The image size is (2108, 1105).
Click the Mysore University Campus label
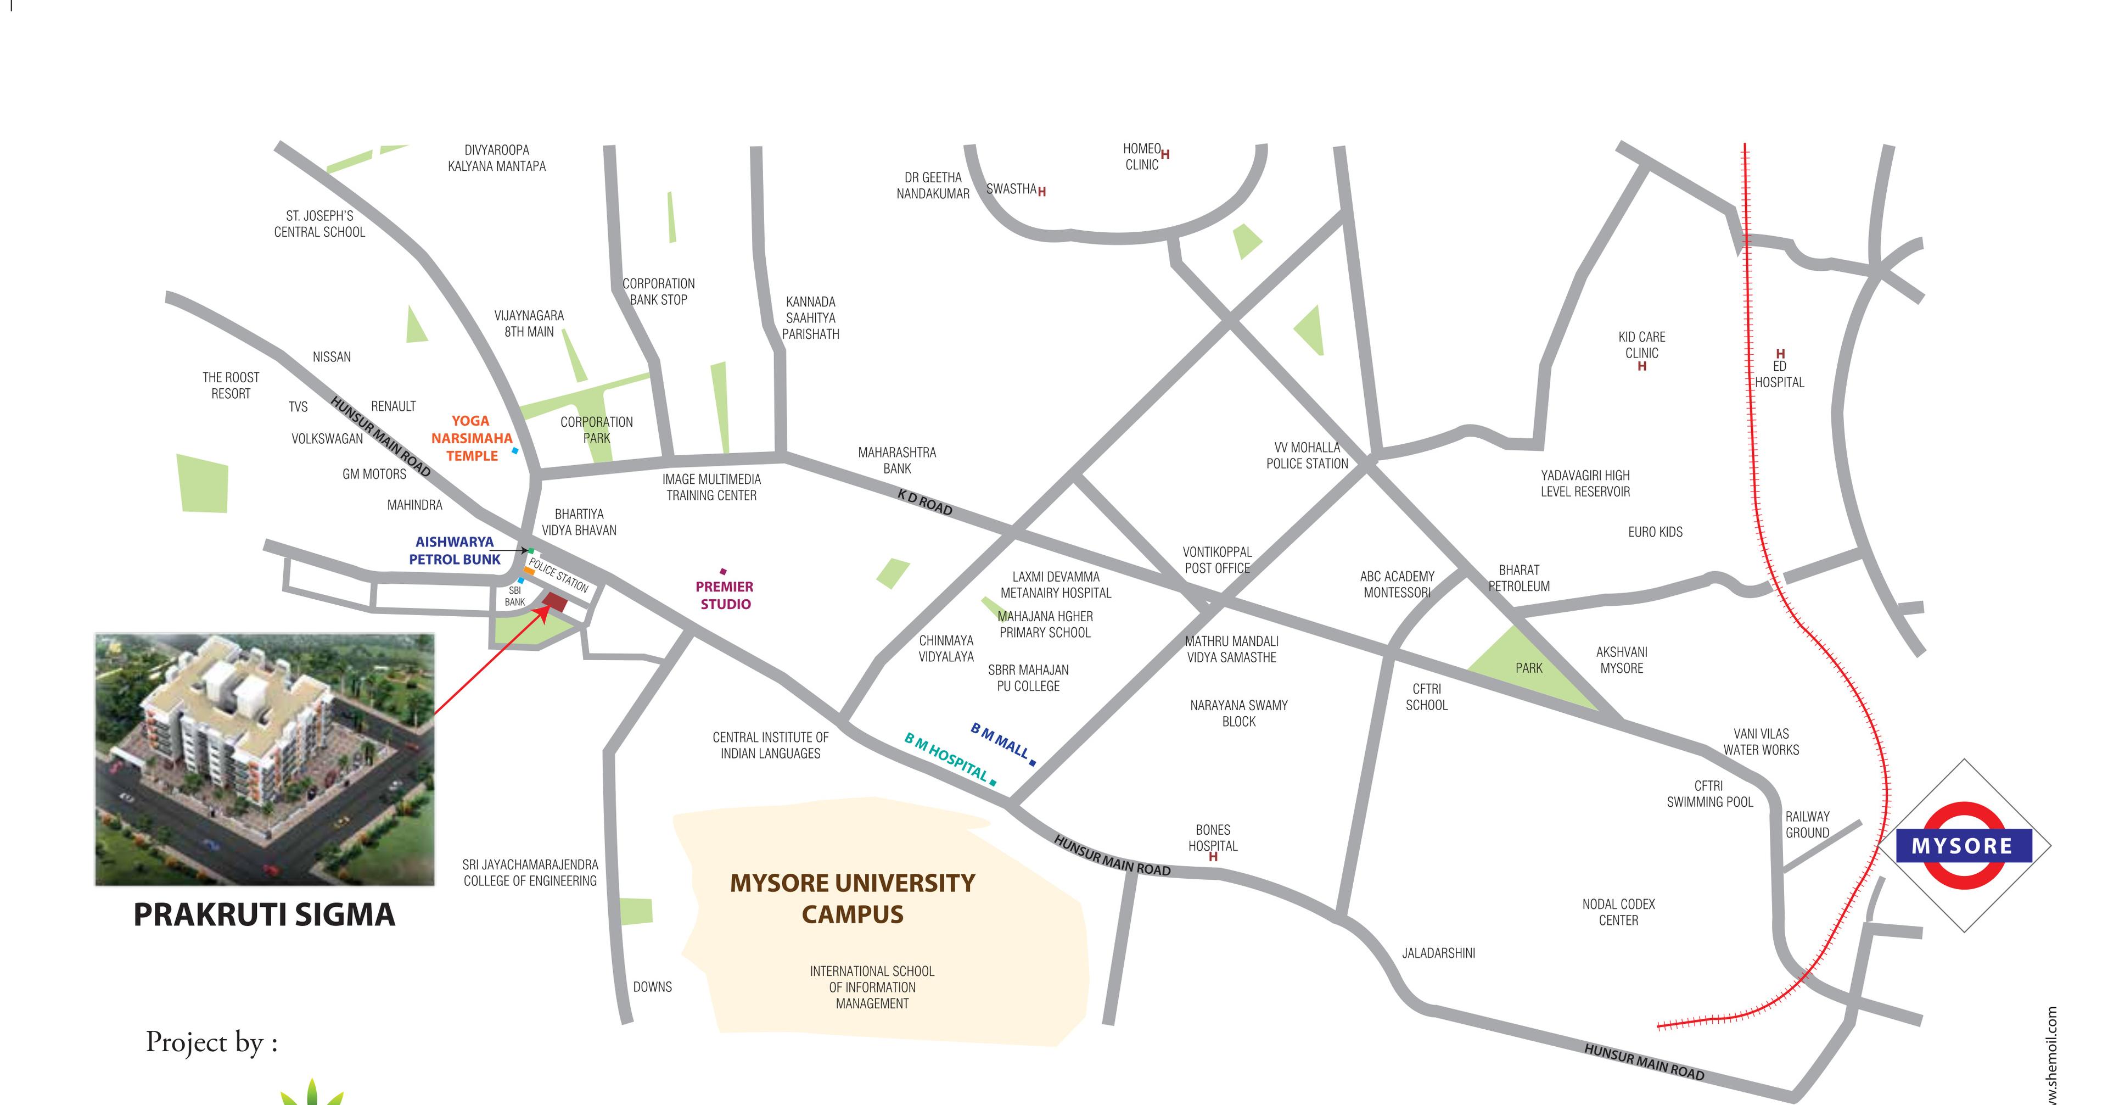[x=852, y=898]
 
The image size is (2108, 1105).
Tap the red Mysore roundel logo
[x=1963, y=846]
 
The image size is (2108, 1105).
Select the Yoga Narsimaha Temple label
[x=472, y=438]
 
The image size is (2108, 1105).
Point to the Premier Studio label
[x=724, y=595]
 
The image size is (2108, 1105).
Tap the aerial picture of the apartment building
[x=264, y=759]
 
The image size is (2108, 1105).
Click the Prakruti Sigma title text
[x=263, y=914]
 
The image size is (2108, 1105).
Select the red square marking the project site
[x=556, y=603]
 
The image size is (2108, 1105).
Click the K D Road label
[x=924, y=502]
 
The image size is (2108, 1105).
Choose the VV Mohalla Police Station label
[x=1307, y=455]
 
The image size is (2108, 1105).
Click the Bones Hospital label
[x=1213, y=838]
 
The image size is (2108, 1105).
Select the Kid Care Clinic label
[x=1641, y=344]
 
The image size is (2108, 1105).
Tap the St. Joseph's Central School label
[x=319, y=224]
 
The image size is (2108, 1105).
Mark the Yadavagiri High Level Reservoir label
[x=1585, y=483]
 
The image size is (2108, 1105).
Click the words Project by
[x=211, y=1042]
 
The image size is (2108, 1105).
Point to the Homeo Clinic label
[x=1142, y=157]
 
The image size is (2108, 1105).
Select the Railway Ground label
[x=1807, y=824]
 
